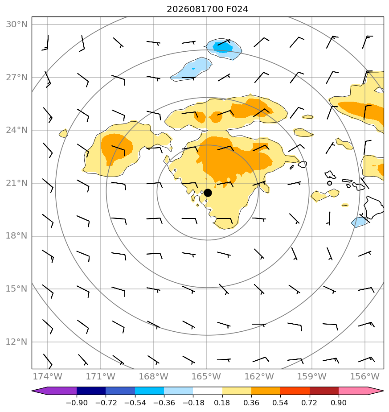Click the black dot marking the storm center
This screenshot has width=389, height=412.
pos(208,193)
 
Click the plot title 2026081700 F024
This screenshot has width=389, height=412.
pos(207,9)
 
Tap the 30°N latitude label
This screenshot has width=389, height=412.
pos(16,25)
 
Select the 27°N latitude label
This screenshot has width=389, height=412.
pos(16,78)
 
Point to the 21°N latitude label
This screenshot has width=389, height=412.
pos(16,183)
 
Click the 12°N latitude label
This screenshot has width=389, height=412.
pos(16,342)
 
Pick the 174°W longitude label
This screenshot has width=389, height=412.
pos(48,376)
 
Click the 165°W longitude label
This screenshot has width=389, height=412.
pos(206,376)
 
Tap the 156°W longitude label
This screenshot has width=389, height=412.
pos(365,376)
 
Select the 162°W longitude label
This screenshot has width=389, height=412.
pos(259,376)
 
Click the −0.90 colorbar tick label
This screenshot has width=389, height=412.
pos(77,403)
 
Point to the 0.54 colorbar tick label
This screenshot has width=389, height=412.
pos(280,403)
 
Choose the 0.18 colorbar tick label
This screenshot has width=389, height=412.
pos(222,403)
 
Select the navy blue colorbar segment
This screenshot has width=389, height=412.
pos(91,391)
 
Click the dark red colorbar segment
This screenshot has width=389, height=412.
pos(324,391)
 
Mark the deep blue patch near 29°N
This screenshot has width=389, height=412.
pos(223,47)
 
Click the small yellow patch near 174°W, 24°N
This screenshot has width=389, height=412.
pos(63,133)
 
